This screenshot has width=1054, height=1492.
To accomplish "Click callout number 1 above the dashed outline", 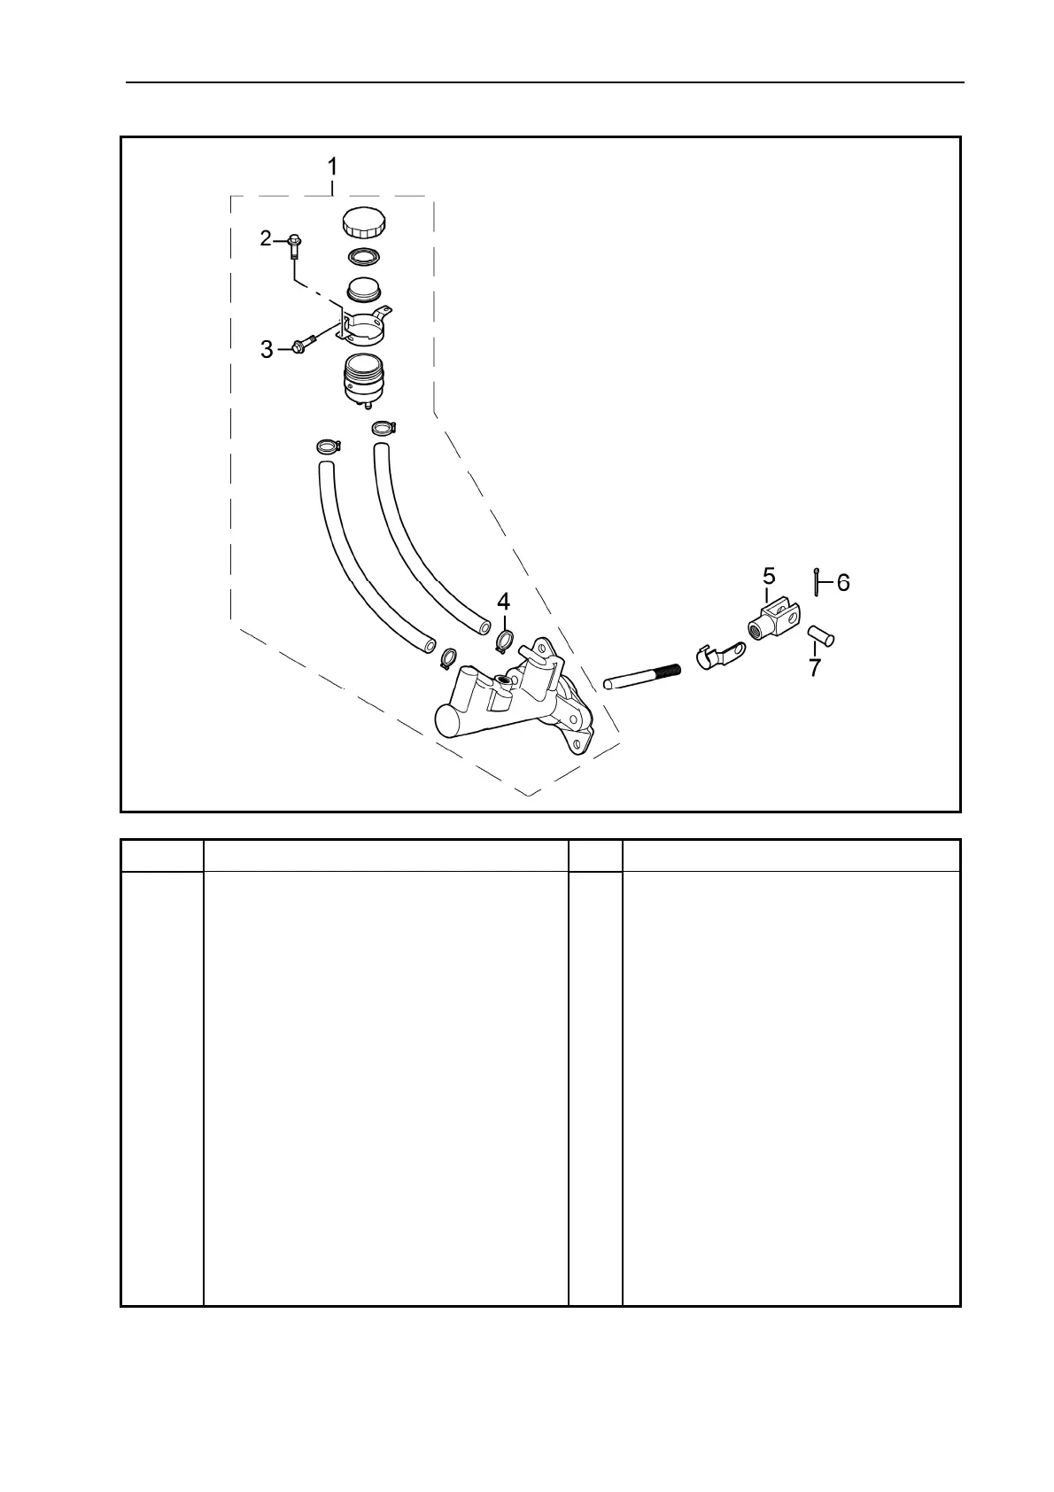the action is (x=332, y=167).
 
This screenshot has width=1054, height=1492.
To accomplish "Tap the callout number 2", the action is (x=266, y=238).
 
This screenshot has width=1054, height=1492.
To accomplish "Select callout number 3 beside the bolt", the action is (x=267, y=350).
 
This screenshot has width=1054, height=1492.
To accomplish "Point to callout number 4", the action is (x=503, y=602).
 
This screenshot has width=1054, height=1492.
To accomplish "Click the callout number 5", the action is (x=769, y=577).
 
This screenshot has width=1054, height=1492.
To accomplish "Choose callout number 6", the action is (x=843, y=582).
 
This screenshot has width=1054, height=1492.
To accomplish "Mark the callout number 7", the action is (x=815, y=667).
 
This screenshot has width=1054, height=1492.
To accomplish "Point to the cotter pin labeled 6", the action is (x=816, y=581).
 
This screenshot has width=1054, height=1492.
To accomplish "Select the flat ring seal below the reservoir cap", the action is (x=364, y=258).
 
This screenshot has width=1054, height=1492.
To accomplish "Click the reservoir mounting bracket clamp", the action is (x=367, y=325).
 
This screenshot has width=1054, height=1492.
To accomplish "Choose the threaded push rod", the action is (x=642, y=677).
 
